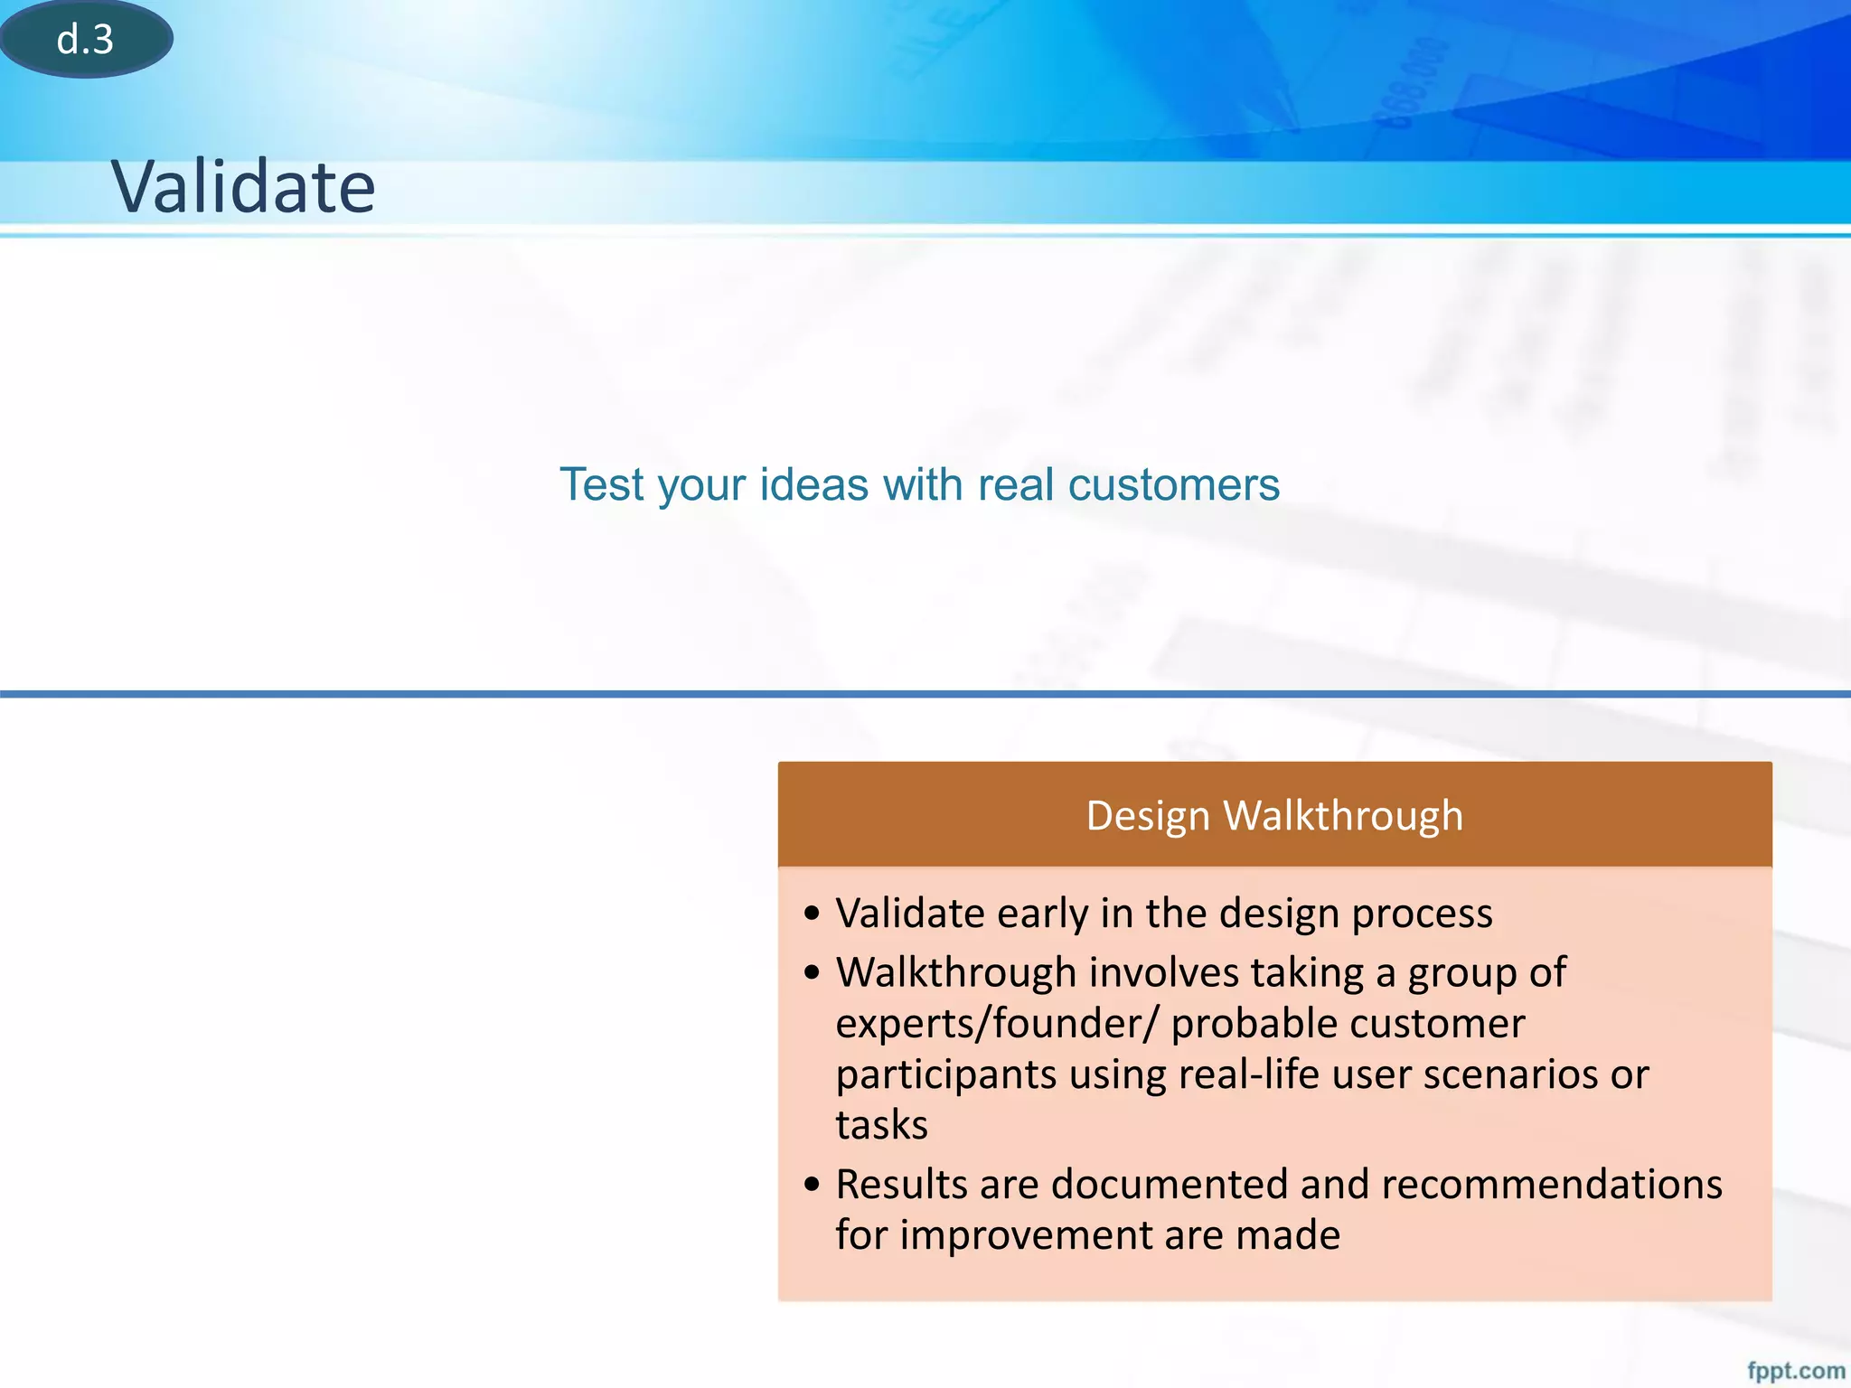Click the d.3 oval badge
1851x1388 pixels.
(x=85, y=39)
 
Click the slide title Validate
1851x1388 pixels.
(x=242, y=186)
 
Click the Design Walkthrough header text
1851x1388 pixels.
(x=1273, y=815)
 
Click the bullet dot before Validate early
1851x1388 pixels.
(x=812, y=914)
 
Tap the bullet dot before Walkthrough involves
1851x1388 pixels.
(x=812, y=973)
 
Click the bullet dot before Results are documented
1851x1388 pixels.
(x=812, y=1185)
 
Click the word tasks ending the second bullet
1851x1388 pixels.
(x=881, y=1125)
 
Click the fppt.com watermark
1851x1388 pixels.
(x=1795, y=1371)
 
